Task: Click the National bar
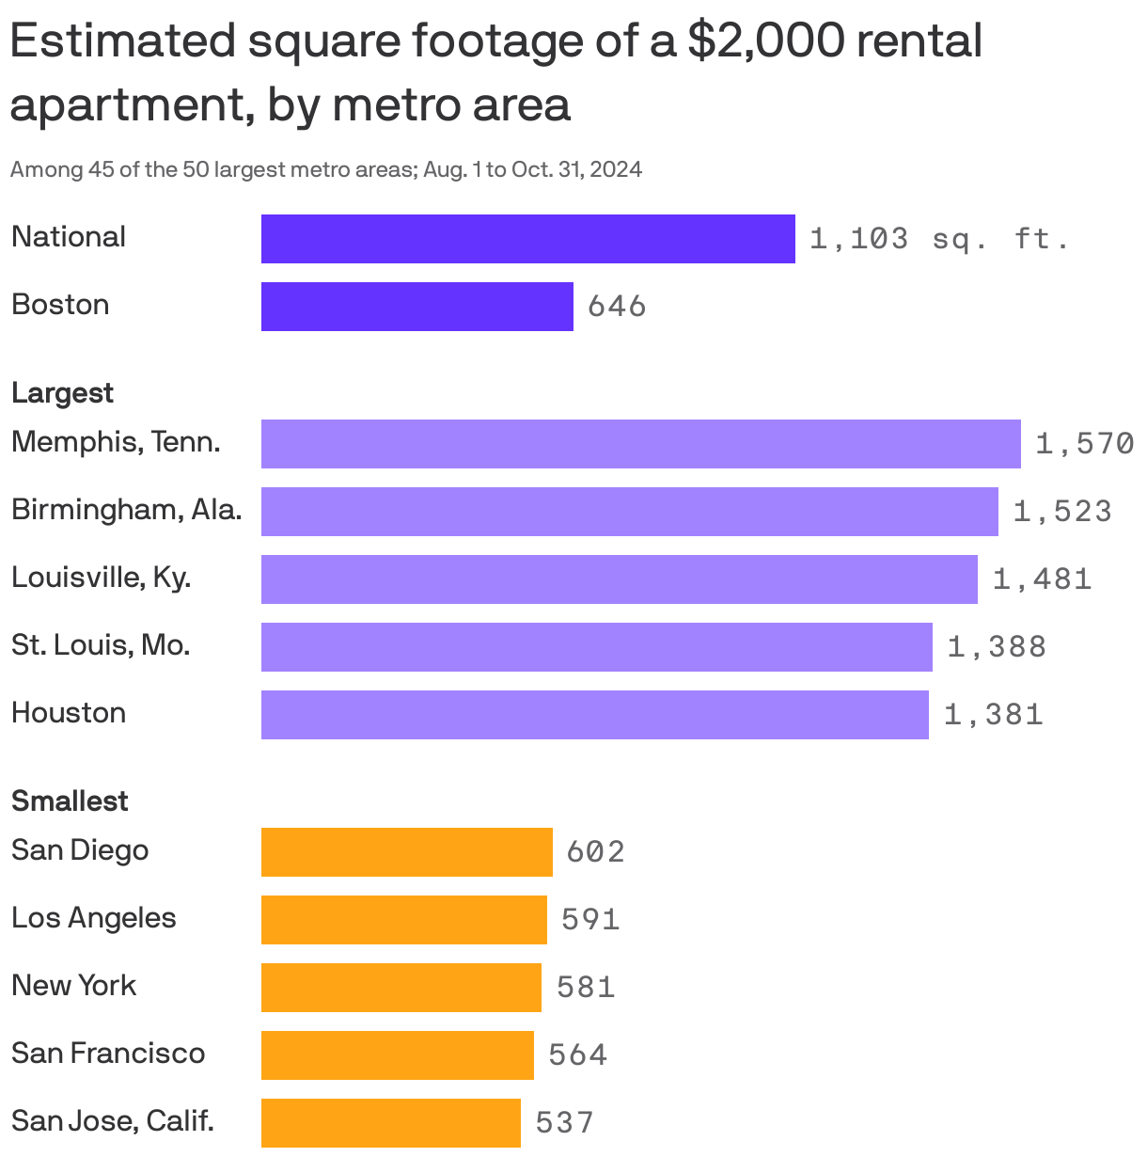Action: coord(527,239)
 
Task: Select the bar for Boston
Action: coord(416,307)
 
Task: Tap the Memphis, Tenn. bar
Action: coord(640,444)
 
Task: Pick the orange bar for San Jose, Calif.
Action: coord(390,1123)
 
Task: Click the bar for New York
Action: coord(401,988)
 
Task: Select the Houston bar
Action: coord(594,715)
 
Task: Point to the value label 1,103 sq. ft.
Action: coord(938,239)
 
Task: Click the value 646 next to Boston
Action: coord(617,307)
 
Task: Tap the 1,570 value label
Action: coord(1084,444)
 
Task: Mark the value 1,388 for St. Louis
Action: coord(997,647)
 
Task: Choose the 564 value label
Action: coord(577,1055)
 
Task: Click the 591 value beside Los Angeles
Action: coord(590,920)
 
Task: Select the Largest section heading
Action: coord(62,393)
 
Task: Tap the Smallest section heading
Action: coord(70,801)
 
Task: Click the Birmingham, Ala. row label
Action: coord(126,510)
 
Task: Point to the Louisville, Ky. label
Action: coord(101,578)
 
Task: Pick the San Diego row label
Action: coord(80,850)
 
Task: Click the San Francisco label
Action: coord(108,1054)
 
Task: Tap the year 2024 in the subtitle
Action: coord(617,170)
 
